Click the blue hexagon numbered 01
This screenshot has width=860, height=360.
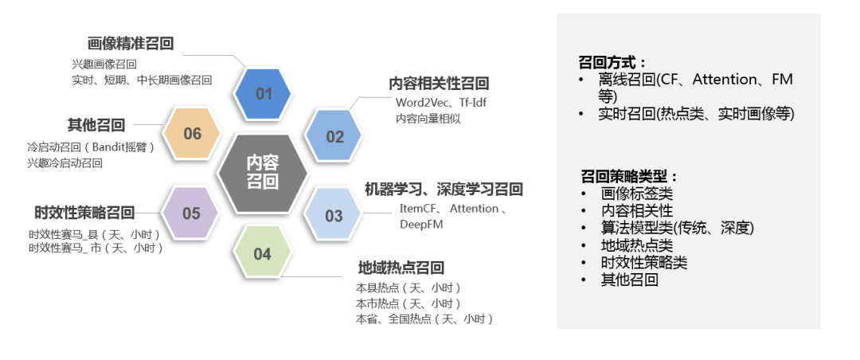pyautogui.click(x=264, y=94)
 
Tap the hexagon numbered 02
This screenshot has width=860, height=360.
pyautogui.click(x=335, y=136)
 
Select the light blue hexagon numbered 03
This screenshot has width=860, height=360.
pyautogui.click(x=334, y=215)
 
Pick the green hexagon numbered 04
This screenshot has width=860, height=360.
pyautogui.click(x=263, y=254)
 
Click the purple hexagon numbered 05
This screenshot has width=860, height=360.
pyautogui.click(x=191, y=213)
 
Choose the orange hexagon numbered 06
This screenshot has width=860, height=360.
pyautogui.click(x=193, y=134)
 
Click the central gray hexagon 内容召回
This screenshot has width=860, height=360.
pyautogui.click(x=262, y=172)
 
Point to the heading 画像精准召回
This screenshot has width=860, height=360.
pyautogui.click(x=131, y=44)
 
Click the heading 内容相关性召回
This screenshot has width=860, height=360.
pyautogui.click(x=439, y=84)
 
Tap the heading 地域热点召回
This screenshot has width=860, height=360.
pyautogui.click(x=401, y=268)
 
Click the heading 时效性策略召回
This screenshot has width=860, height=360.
pyautogui.click(x=84, y=213)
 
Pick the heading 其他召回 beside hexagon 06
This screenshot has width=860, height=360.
pyautogui.click(x=96, y=125)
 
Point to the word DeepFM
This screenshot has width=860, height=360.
pyautogui.click(x=421, y=225)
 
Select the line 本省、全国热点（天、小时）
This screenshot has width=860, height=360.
pyautogui.click(x=425, y=319)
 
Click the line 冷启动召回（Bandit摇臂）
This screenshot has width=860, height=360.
pyautogui.click(x=91, y=147)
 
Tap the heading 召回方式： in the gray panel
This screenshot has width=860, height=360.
pyautogui.click(x=612, y=62)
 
